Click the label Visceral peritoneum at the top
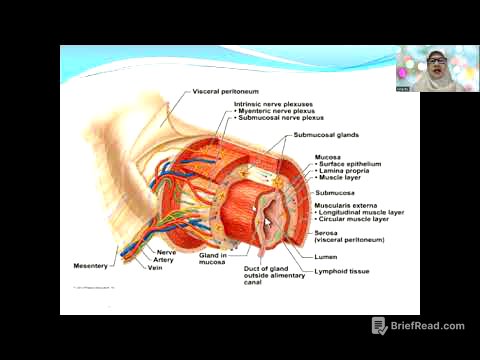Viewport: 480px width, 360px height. (x=221, y=92)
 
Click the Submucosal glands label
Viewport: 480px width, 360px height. (x=326, y=135)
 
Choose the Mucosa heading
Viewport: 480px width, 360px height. (x=328, y=157)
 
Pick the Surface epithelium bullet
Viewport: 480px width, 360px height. (x=350, y=164)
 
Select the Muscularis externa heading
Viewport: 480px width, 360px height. (x=347, y=205)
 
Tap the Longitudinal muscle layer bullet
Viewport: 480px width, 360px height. (x=361, y=213)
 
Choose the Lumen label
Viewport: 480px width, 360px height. (x=327, y=255)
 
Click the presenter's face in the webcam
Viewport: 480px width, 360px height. (x=437, y=67)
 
